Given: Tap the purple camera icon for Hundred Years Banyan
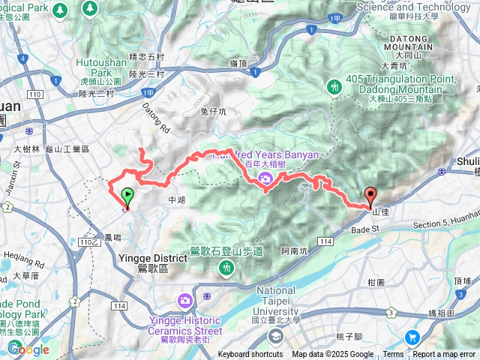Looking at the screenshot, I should [x=265, y=178].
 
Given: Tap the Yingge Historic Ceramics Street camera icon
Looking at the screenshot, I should [x=184, y=301].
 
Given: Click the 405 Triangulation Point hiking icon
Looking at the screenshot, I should [x=334, y=88].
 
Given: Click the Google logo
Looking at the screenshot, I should [x=28, y=349].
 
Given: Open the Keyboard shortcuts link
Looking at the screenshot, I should [x=250, y=355].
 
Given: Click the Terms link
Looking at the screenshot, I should [x=393, y=355].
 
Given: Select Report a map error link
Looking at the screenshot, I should [x=444, y=355].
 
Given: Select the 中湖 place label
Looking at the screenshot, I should [x=176, y=200].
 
